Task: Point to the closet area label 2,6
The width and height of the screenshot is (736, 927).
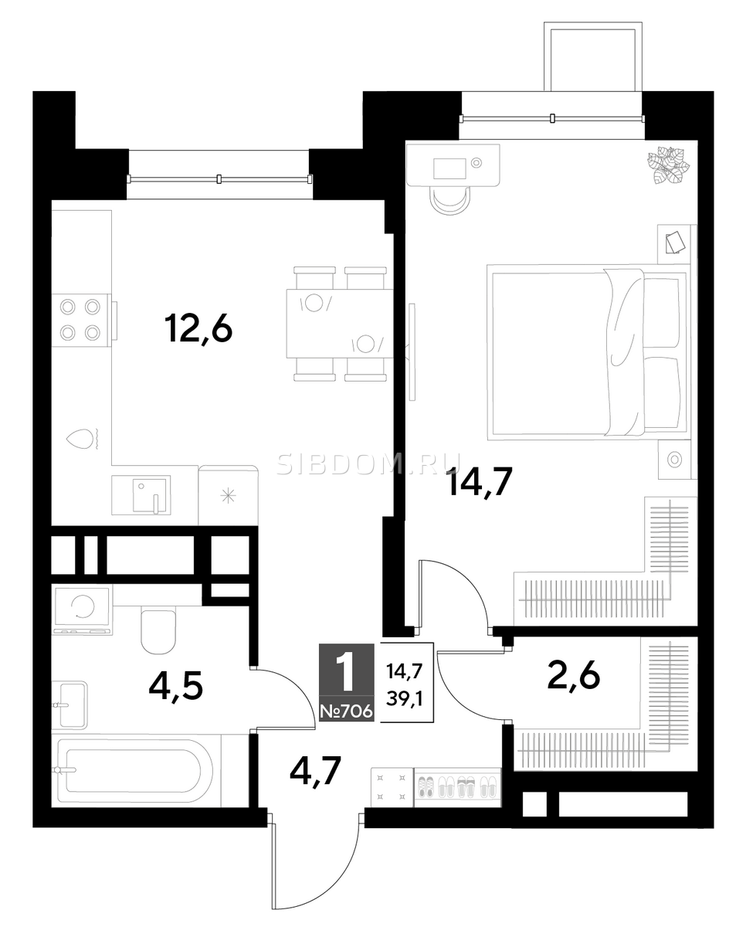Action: coord(573,674)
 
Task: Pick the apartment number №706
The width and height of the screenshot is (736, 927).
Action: coord(346,711)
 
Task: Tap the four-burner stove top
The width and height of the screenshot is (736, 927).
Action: coord(81,320)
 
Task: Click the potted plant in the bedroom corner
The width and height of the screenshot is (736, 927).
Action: coord(666,165)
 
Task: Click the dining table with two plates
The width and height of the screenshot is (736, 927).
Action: coord(339,323)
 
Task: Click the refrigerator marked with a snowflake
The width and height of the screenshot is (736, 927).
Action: coord(229,495)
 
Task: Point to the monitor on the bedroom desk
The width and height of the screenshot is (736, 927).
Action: coord(449,168)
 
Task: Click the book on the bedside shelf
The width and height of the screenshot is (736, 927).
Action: coord(674,243)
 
